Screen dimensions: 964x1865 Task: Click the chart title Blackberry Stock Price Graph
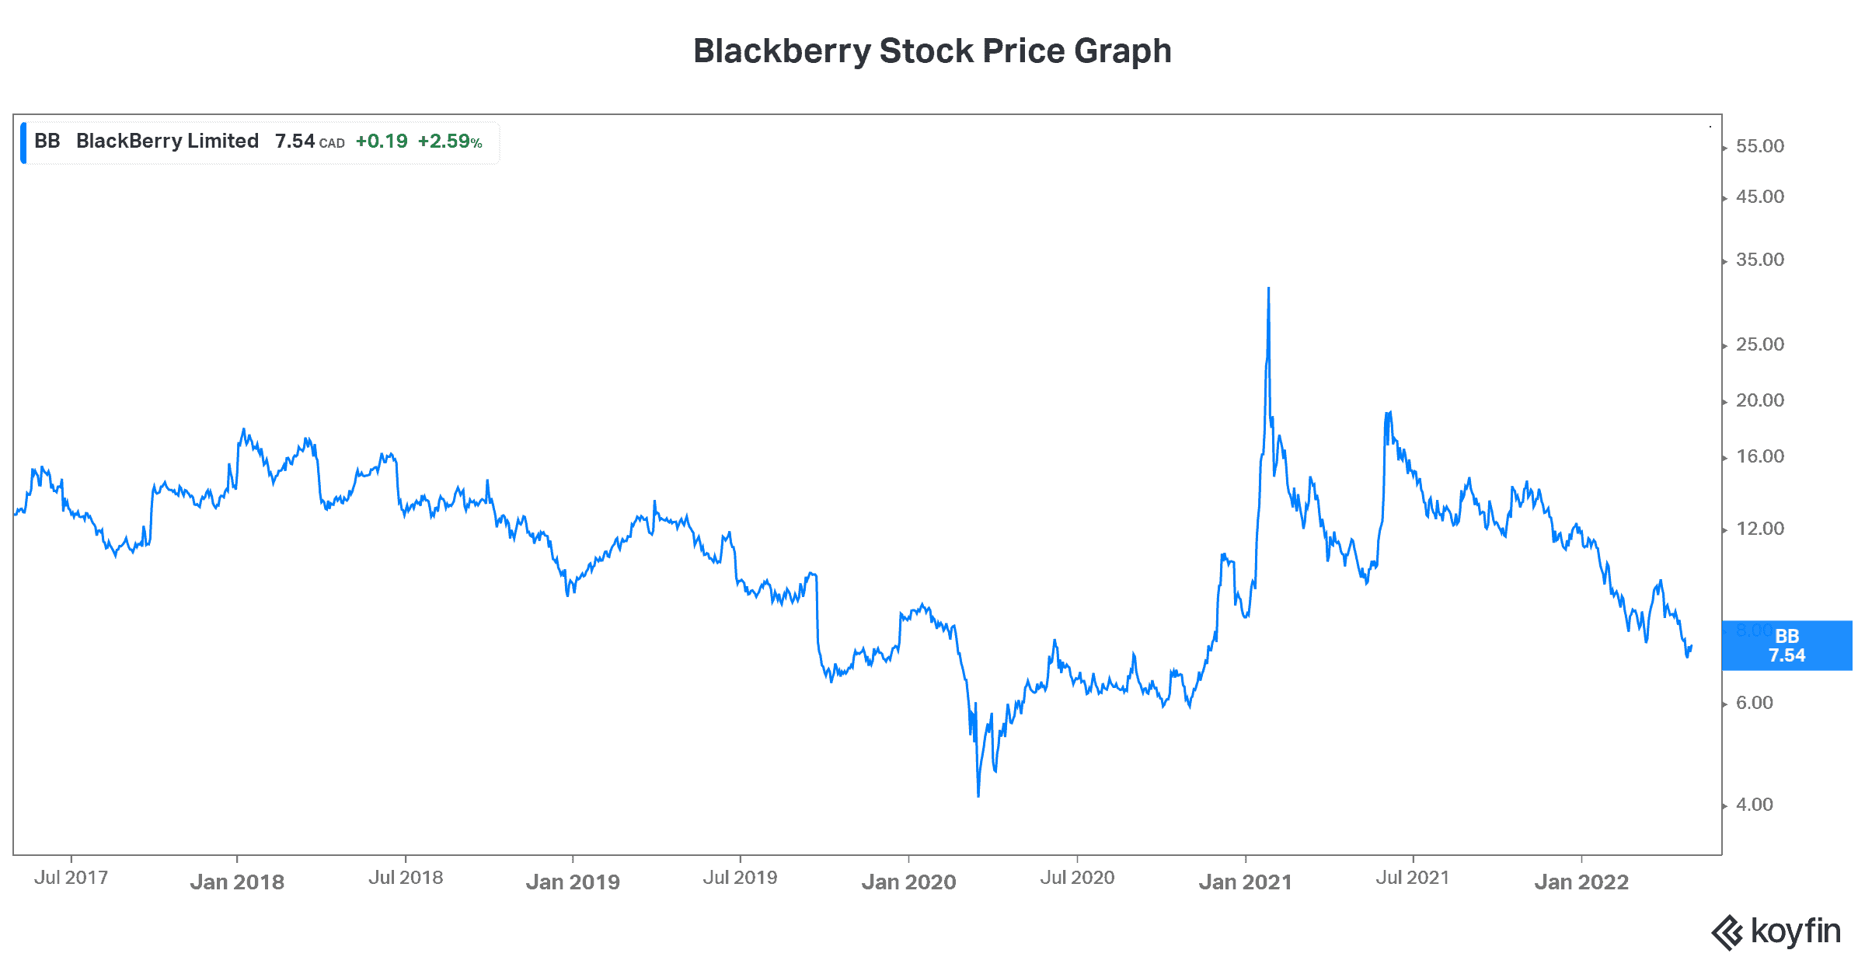coord(932,51)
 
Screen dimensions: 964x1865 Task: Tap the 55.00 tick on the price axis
coord(1759,146)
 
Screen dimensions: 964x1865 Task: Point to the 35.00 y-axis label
coord(1759,260)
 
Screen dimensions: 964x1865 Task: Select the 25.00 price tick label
coord(1759,344)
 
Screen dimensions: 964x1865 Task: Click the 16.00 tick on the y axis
coord(1759,456)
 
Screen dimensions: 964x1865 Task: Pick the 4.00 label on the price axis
coord(1754,805)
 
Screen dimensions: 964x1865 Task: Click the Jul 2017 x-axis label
coord(71,878)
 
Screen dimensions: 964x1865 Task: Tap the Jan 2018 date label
coord(237,882)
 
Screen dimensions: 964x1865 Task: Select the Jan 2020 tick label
coord(908,882)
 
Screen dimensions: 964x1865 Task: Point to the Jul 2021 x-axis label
coord(1413,878)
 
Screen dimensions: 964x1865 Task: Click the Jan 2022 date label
coord(1581,882)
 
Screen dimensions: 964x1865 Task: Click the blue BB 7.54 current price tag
coord(1787,645)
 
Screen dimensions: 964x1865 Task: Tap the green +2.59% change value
coord(450,141)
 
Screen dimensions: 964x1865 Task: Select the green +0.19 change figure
coord(382,141)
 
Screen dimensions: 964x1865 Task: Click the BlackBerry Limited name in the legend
coord(167,141)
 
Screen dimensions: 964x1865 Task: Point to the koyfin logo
coord(1776,931)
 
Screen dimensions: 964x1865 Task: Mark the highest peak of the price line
coord(1268,288)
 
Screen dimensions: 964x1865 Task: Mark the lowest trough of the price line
coord(978,795)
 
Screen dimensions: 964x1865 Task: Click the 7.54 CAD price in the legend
coord(309,141)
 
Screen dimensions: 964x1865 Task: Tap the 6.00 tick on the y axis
coord(1754,703)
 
